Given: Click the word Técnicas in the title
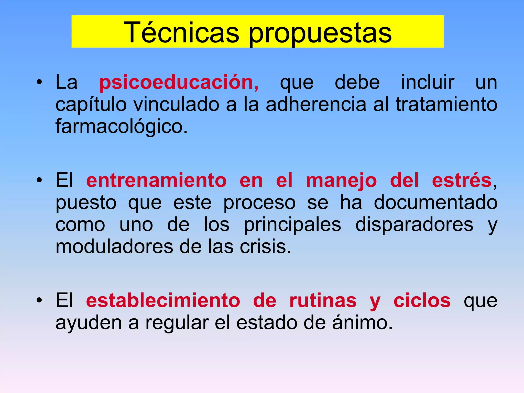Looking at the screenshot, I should (181, 33).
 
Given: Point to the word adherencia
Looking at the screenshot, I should (316, 104).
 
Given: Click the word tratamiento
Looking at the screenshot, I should (446, 104).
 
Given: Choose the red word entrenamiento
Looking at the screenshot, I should (156, 181).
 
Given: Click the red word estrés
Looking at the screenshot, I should (462, 181).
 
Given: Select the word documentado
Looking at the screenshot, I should (436, 203).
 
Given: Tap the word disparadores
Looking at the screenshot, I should (414, 224).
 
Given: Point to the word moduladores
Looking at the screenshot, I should (114, 247).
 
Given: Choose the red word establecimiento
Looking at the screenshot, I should (163, 301).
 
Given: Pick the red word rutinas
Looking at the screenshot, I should (323, 301).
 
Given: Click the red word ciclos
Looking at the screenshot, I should (422, 301).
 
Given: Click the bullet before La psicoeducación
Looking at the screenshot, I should (39, 82).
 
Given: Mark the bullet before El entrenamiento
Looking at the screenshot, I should (39, 180).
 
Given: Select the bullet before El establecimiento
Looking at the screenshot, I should (39, 300).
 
